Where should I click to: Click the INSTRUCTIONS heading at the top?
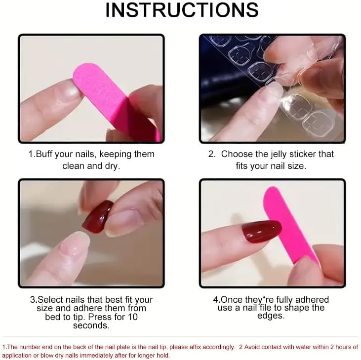pyautogui.click(x=182, y=10)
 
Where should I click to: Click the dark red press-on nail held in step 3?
pyautogui.click(x=98, y=217)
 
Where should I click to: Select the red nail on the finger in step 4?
pyautogui.click(x=262, y=231)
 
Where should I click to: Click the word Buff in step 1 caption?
pyautogui.click(x=44, y=154)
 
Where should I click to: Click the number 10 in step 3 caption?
pyautogui.click(x=133, y=317)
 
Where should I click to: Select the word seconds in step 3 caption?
pyautogui.click(x=91, y=325)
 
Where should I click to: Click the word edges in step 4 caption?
pyautogui.click(x=271, y=316)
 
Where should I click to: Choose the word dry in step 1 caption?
pyautogui.click(x=113, y=166)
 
